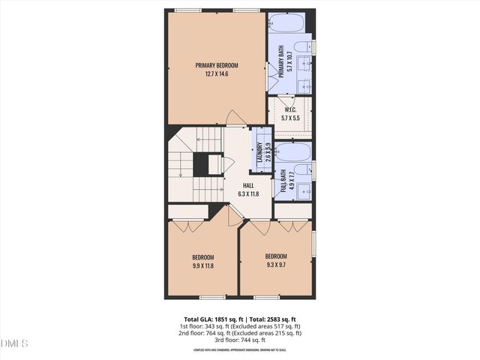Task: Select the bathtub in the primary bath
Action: pos(286,23)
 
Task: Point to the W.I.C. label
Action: pos(290,110)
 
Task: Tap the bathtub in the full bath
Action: pos(292,152)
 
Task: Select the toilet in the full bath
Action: pos(304,171)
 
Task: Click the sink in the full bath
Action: pos(304,189)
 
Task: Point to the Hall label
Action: pos(248,185)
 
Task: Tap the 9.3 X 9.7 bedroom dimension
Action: pos(275,263)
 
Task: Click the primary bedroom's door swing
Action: pos(235,118)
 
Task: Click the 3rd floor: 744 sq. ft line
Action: pos(240,340)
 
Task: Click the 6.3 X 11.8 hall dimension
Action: pos(248,193)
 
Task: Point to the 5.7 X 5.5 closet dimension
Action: pos(290,118)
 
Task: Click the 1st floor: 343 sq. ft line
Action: pos(240,326)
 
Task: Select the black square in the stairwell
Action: pos(201,163)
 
